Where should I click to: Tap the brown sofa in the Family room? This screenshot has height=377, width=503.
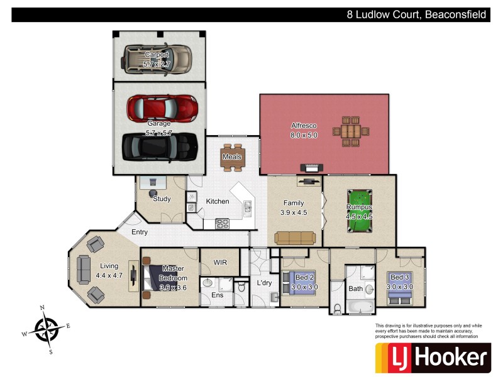pos(294,237)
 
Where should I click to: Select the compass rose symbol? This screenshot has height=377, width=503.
pos(46,328)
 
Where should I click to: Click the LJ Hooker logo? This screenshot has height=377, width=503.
pos(432,358)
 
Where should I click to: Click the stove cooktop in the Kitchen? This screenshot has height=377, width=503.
pos(223,222)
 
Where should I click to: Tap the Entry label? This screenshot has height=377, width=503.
pos(140,232)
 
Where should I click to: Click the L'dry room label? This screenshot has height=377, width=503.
pos(263,283)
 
